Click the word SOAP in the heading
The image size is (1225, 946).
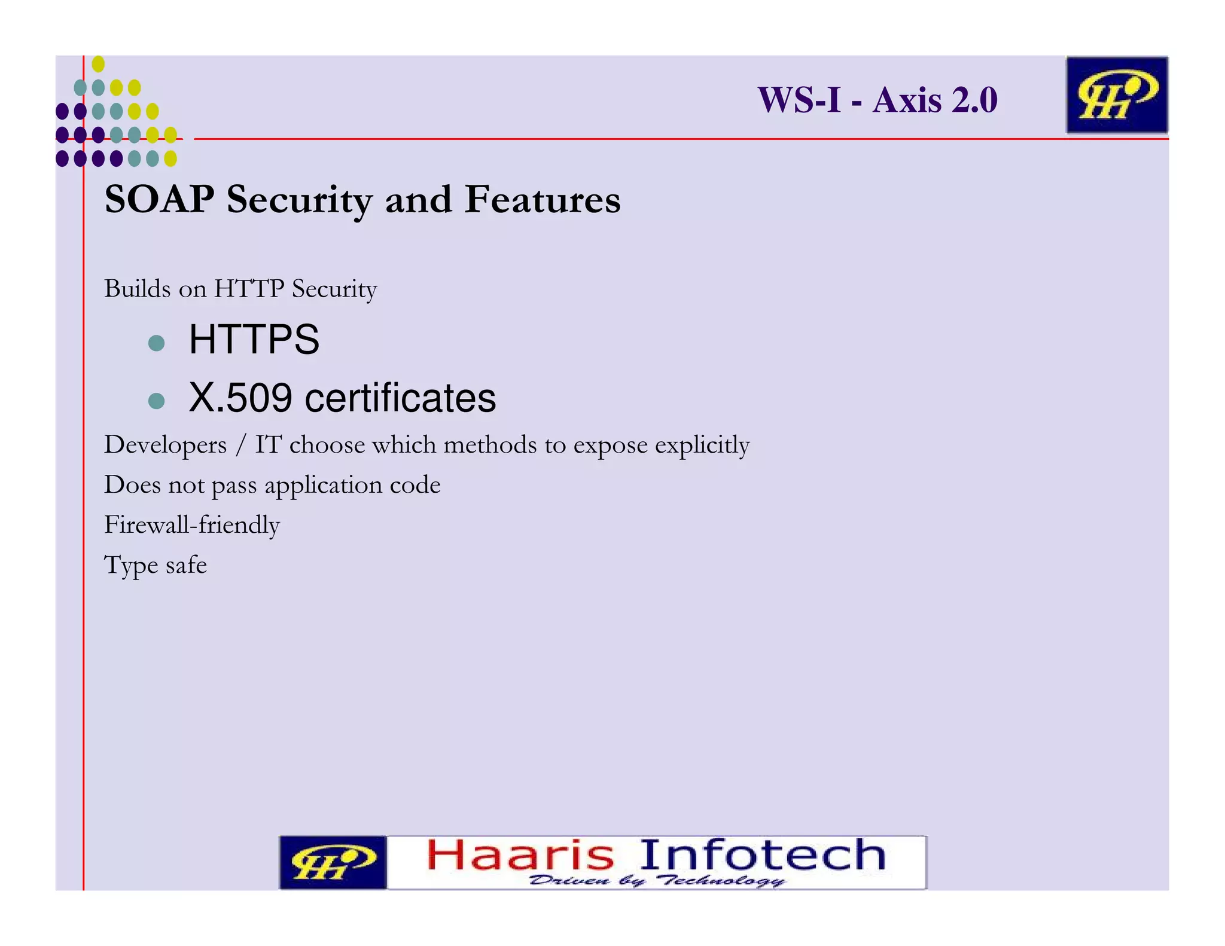click(159, 199)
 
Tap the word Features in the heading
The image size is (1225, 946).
click(543, 199)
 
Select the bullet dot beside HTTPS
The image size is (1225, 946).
click(156, 343)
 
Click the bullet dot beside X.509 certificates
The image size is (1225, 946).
click(156, 401)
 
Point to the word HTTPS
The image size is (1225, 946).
click(254, 340)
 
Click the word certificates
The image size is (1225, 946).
click(400, 398)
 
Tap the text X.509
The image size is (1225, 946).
click(241, 398)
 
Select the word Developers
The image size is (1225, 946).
click(166, 445)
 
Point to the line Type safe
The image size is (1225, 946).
click(156, 565)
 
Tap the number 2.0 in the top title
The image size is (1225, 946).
click(974, 100)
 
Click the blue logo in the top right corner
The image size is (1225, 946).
click(1117, 95)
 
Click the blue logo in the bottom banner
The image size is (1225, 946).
click(333, 862)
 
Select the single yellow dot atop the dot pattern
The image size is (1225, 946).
click(99, 64)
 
